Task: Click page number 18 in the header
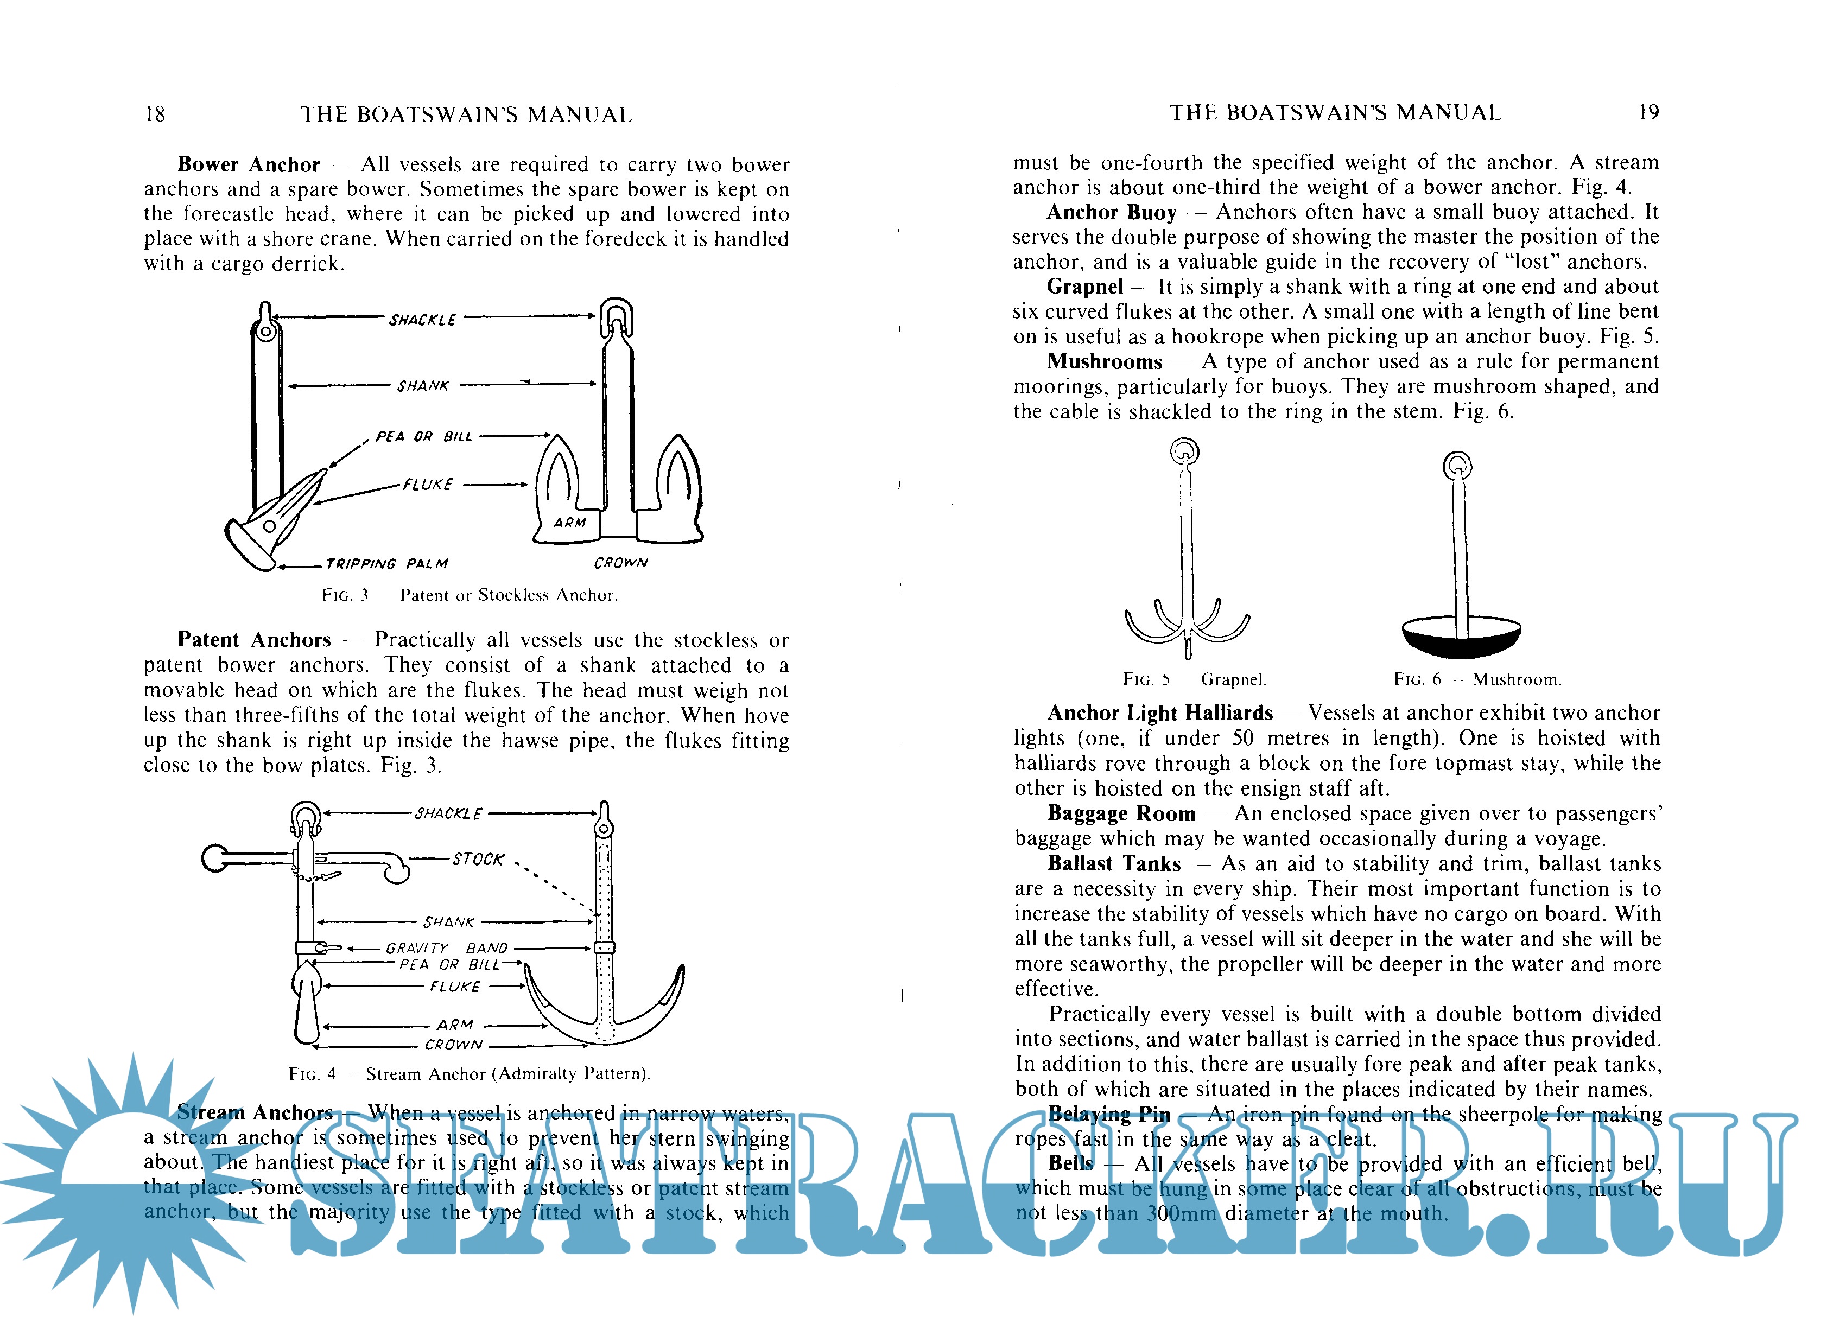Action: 155,114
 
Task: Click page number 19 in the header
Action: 1648,113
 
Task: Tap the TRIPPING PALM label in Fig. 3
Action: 386,564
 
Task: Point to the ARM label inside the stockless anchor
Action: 569,523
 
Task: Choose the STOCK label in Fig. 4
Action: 479,860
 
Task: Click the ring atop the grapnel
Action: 1184,451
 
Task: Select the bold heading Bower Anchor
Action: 248,164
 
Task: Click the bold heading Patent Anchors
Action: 254,640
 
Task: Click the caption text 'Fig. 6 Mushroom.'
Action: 1476,680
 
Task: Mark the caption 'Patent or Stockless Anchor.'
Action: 508,595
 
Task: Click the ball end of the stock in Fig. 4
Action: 215,858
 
